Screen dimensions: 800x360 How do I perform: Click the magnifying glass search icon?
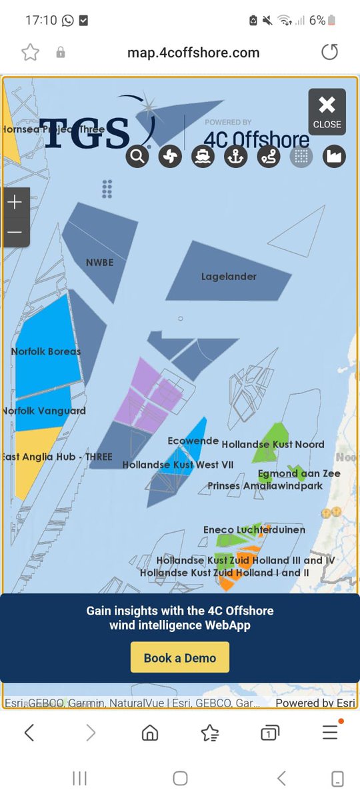pos(137,157)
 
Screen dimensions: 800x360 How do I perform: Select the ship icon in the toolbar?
pos(203,157)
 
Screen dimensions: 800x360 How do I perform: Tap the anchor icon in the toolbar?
pos(235,157)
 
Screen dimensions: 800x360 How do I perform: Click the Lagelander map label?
pos(229,277)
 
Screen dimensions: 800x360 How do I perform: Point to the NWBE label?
pos(99,263)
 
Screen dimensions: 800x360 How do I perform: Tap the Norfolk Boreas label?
pos(46,351)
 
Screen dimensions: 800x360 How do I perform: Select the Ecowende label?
pos(193,441)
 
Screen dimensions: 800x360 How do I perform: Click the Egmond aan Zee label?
pos(299,473)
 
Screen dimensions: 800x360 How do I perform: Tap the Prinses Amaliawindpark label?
pos(265,486)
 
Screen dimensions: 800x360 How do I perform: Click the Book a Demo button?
pos(180,658)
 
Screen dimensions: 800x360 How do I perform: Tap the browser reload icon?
pos(329,53)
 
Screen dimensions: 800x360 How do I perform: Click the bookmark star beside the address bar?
pos(30,53)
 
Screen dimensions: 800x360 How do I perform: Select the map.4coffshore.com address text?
pos(193,53)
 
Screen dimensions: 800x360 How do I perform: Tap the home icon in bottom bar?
pos(150,733)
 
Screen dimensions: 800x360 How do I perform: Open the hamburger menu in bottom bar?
pos(330,733)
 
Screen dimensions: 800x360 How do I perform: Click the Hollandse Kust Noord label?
pos(273,444)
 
